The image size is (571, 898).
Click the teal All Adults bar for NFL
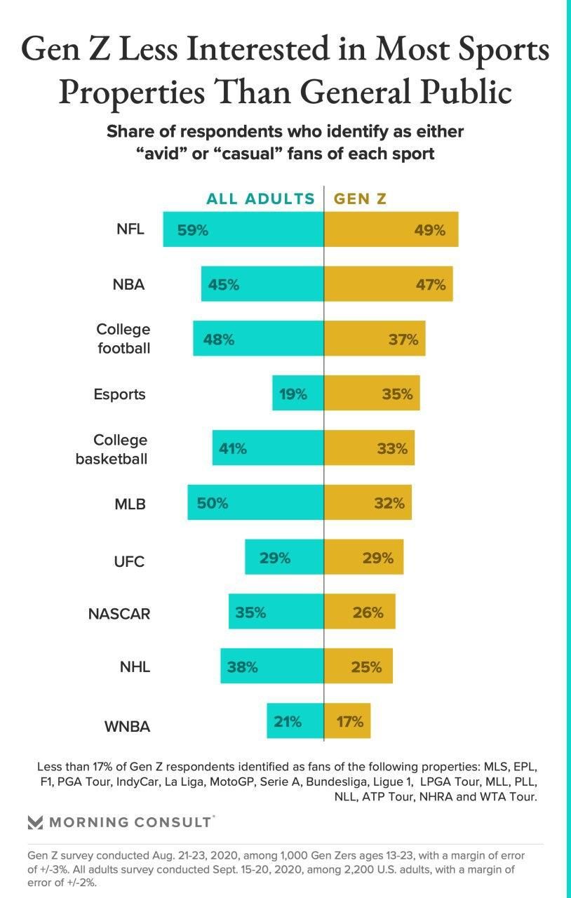pyautogui.click(x=243, y=229)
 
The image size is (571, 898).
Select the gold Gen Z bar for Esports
pyautogui.click(x=372, y=394)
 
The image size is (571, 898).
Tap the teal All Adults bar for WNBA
pyautogui.click(x=295, y=721)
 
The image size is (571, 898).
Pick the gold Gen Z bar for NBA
pyautogui.click(x=388, y=284)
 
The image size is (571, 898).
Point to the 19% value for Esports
pyautogui.click(x=293, y=394)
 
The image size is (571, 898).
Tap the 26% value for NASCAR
pyautogui.click(x=368, y=612)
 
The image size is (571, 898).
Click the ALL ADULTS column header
pyautogui.click(x=260, y=199)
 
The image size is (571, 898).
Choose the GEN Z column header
pyautogui.click(x=360, y=199)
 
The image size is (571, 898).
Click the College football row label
pyautogui.click(x=123, y=338)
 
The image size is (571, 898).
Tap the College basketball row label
pyautogui.click(x=112, y=450)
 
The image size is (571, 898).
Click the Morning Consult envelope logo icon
pyautogui.click(x=35, y=822)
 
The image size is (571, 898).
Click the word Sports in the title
pyautogui.click(x=508, y=51)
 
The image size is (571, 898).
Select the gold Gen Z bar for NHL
pyautogui.click(x=358, y=666)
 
